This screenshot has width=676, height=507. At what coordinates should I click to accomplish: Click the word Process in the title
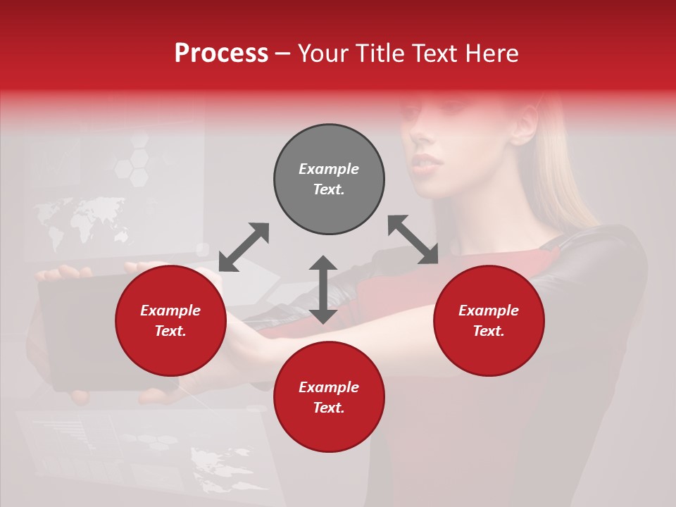click(x=221, y=54)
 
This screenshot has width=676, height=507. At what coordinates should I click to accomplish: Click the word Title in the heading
click(x=377, y=54)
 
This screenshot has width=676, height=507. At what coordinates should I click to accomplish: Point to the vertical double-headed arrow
click(x=323, y=289)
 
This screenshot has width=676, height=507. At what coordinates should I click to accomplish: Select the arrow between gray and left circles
click(x=244, y=247)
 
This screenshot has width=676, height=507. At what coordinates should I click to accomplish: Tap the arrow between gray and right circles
click(x=413, y=239)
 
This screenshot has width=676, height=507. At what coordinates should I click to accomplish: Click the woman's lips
click(x=427, y=163)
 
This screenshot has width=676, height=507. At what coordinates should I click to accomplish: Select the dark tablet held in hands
click(x=84, y=331)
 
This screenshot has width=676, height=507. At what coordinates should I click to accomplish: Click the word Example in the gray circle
click(x=329, y=169)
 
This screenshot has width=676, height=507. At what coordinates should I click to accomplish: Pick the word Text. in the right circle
click(x=489, y=331)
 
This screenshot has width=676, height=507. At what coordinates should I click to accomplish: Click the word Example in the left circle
click(x=170, y=311)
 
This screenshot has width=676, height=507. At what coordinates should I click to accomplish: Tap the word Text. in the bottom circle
click(x=329, y=408)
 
